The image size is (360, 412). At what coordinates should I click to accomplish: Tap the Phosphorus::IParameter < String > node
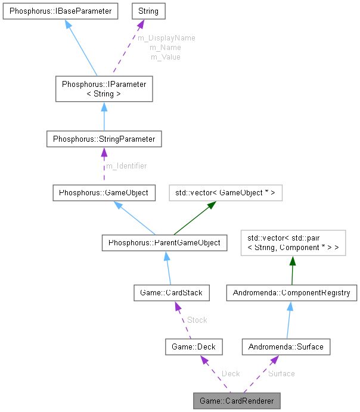pos(104,89)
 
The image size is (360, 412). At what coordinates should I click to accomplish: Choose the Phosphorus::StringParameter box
pos(104,139)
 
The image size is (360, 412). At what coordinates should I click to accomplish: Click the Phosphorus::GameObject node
pos(104,193)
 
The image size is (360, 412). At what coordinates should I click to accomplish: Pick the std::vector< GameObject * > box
pos(225,193)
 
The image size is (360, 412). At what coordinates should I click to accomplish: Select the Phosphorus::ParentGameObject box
pos(164,242)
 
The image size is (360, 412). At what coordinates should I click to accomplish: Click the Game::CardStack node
pos(172,292)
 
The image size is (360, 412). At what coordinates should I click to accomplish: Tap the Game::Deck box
pos(193,346)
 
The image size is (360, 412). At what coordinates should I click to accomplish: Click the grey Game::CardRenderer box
pos(237,401)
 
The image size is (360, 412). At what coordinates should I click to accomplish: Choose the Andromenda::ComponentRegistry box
pos(291,292)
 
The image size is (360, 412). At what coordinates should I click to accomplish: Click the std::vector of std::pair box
pos(292,243)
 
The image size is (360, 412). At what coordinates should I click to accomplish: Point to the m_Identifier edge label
pos(126,166)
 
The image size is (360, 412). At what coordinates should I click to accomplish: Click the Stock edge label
pos(197,320)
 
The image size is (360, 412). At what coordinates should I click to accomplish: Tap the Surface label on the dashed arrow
pos(281,373)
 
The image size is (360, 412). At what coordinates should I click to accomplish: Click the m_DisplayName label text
pos(166,38)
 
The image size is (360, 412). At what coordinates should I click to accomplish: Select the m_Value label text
pos(165,57)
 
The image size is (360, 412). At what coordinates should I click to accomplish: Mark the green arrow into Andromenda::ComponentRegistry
pos(292,270)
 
